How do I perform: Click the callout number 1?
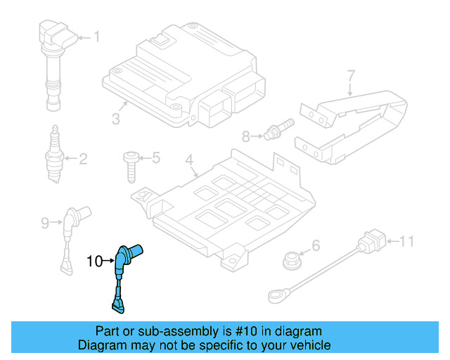[x=97, y=37]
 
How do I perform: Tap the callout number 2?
[x=83, y=159]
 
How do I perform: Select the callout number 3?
[x=116, y=119]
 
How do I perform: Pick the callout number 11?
[x=407, y=243]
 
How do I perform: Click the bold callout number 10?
[x=94, y=262]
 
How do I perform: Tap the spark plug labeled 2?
[x=53, y=156]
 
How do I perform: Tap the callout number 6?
[x=316, y=245]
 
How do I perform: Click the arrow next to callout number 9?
[x=56, y=224]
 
